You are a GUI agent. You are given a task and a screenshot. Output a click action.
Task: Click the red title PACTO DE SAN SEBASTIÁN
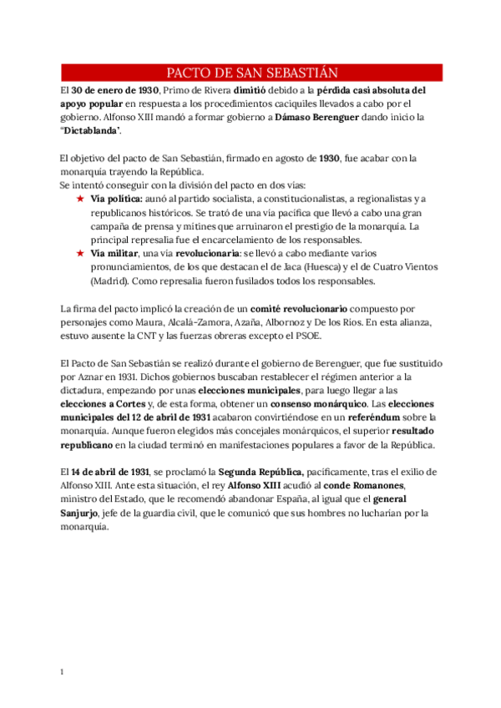coord(251,72)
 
